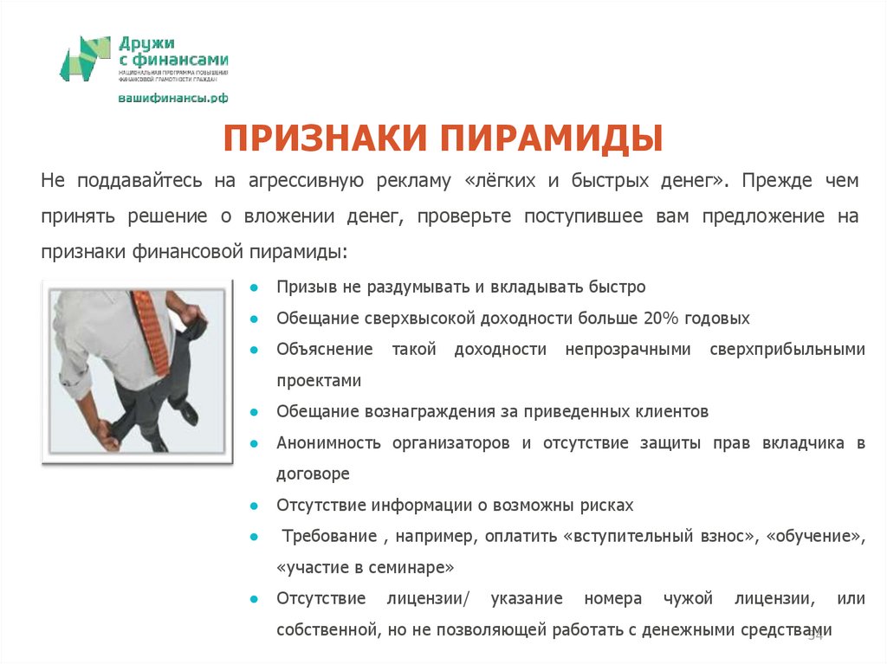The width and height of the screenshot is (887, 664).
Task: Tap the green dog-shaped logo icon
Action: (x=85, y=59)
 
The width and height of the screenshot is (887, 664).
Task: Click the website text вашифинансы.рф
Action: (x=172, y=98)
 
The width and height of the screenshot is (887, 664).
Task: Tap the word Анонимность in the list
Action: (x=329, y=442)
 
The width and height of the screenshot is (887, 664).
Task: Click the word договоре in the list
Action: (x=313, y=474)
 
